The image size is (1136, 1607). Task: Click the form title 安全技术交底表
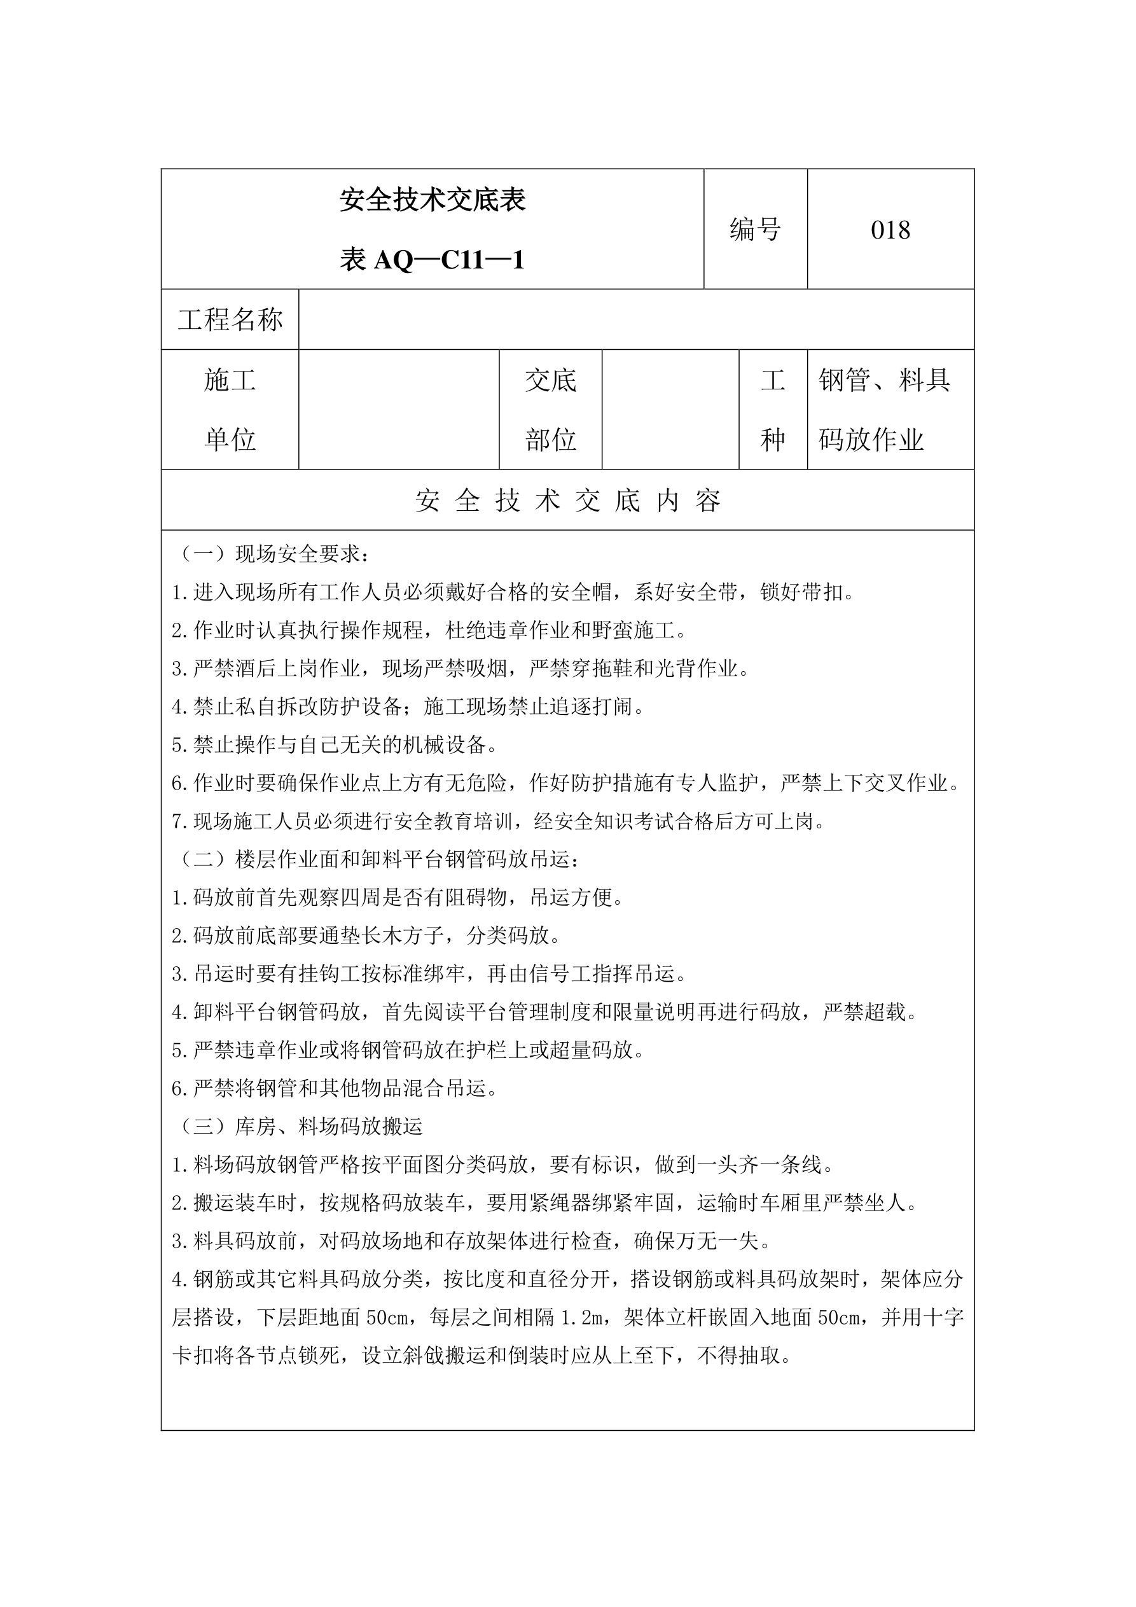[433, 200]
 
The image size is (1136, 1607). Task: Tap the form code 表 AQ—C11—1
[433, 260]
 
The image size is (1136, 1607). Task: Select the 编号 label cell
[755, 230]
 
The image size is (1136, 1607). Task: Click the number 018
[890, 230]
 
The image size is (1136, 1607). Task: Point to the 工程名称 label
[230, 320]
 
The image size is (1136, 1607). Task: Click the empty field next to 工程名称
[635, 320]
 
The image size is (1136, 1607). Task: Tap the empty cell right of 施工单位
[398, 410]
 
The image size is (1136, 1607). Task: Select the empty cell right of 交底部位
[670, 410]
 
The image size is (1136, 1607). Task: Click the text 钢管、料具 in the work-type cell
[884, 380]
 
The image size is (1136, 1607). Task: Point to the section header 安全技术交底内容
[567, 501]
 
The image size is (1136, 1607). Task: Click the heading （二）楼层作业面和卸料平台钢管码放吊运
[378, 859]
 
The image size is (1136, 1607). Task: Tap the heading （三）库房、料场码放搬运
[300, 1126]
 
